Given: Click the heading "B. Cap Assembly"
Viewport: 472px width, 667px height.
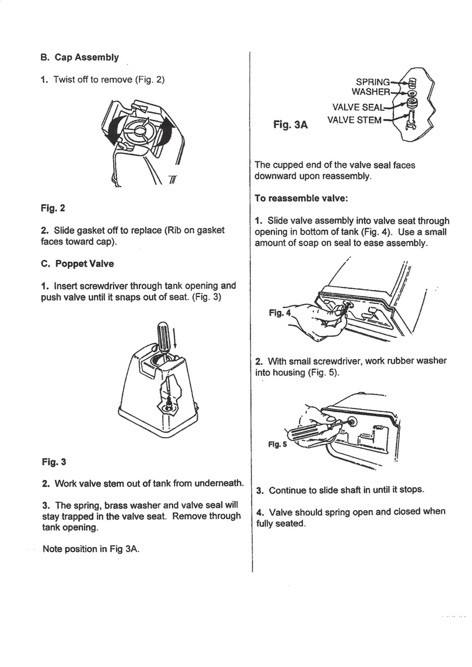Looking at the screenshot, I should pos(79,57).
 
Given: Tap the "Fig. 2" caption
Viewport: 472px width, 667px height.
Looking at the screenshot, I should pos(53,208).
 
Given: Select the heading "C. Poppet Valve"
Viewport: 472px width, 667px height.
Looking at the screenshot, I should pos(77,264).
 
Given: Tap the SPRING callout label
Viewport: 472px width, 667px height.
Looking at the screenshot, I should pos(372,82).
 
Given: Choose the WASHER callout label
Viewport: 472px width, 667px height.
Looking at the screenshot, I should pos(370,92).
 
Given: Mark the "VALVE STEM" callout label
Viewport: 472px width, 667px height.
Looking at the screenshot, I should pos(354,120).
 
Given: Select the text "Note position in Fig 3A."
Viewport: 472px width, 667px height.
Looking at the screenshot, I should pos(91,549).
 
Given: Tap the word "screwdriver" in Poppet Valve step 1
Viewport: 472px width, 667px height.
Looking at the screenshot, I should pos(106,286).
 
